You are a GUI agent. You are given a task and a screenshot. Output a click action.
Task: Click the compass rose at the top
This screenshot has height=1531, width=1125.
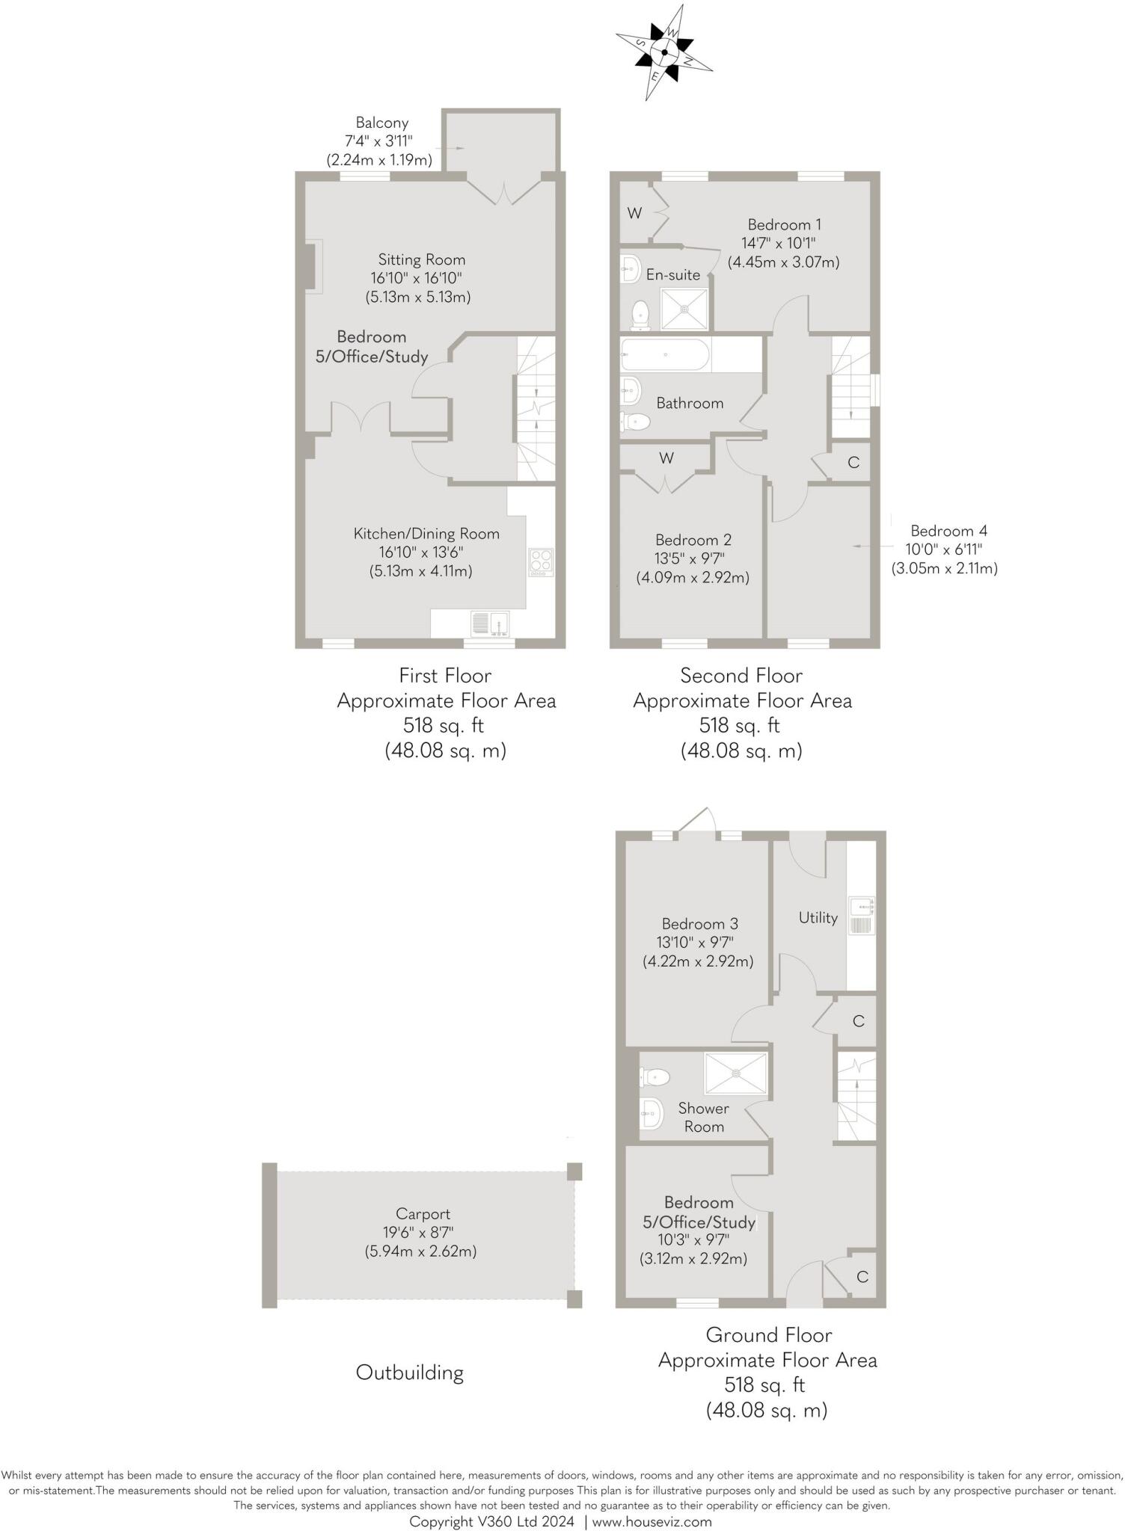(x=663, y=52)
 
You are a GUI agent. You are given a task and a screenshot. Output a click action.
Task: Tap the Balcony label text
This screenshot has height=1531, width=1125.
(x=381, y=123)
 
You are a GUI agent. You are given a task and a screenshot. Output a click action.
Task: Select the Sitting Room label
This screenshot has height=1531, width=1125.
(x=421, y=259)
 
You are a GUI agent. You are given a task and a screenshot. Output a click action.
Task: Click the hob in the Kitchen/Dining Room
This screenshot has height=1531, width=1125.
(x=541, y=562)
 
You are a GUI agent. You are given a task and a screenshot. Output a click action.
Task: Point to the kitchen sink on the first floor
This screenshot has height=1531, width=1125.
(x=491, y=622)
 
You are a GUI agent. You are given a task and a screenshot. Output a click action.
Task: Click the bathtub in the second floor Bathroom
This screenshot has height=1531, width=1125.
(x=664, y=354)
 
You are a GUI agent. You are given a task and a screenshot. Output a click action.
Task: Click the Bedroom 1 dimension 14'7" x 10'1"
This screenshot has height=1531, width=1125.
(x=779, y=243)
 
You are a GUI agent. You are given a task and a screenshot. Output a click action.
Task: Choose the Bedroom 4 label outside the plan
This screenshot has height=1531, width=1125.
(x=948, y=531)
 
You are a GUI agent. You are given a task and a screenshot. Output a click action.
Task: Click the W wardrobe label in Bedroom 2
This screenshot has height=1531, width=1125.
(x=666, y=458)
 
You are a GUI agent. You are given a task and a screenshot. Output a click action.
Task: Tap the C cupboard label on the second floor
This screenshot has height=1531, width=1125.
(x=853, y=462)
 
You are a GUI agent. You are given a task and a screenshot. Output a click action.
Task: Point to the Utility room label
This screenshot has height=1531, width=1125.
(x=818, y=917)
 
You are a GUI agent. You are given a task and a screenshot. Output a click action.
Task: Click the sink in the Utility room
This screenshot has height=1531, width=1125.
(x=861, y=916)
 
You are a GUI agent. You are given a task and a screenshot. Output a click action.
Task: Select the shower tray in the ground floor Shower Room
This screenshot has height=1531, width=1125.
(x=736, y=1073)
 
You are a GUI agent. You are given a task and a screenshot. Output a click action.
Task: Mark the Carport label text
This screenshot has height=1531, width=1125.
(x=423, y=1214)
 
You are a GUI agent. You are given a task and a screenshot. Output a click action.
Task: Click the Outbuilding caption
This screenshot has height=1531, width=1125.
(x=409, y=1373)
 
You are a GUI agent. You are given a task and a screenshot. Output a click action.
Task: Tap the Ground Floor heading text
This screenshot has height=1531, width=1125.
(x=768, y=1335)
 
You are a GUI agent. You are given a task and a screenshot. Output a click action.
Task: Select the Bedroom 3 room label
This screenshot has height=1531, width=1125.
(x=699, y=924)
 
